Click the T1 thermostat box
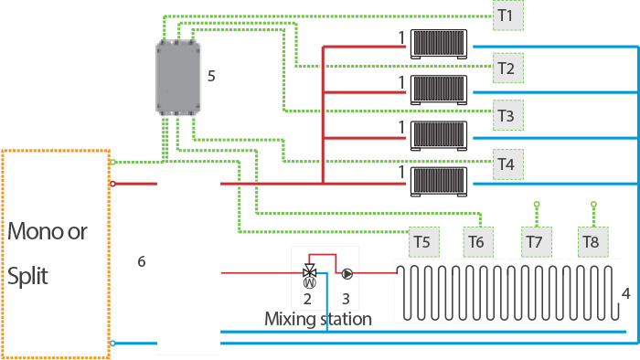(508, 16)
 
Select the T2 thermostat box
(508, 69)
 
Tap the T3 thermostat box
(508, 115)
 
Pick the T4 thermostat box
(508, 164)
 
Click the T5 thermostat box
(424, 242)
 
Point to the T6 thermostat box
(478, 242)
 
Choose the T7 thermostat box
(537, 242)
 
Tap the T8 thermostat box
(593, 242)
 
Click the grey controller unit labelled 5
(178, 78)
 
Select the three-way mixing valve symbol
(309, 270)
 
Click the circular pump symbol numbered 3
(347, 273)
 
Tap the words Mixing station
(318, 319)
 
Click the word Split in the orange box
(27, 277)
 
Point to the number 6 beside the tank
(141, 261)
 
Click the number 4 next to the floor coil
(625, 293)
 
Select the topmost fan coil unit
(439, 44)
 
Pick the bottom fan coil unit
(439, 182)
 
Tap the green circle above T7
(537, 205)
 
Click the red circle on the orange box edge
(112, 184)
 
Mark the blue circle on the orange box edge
(112, 344)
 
